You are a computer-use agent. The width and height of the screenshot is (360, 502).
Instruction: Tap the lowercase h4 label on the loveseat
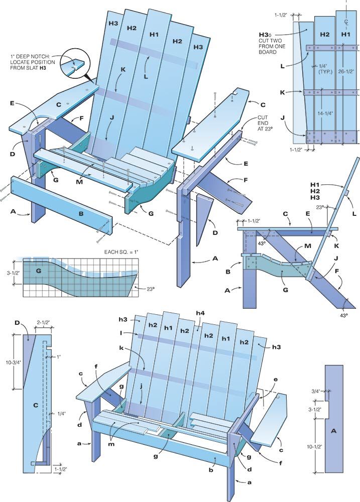tap(200, 314)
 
